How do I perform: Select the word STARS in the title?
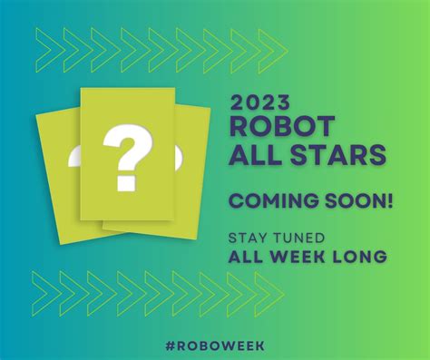(x=336, y=156)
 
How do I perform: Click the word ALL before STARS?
(x=256, y=156)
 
